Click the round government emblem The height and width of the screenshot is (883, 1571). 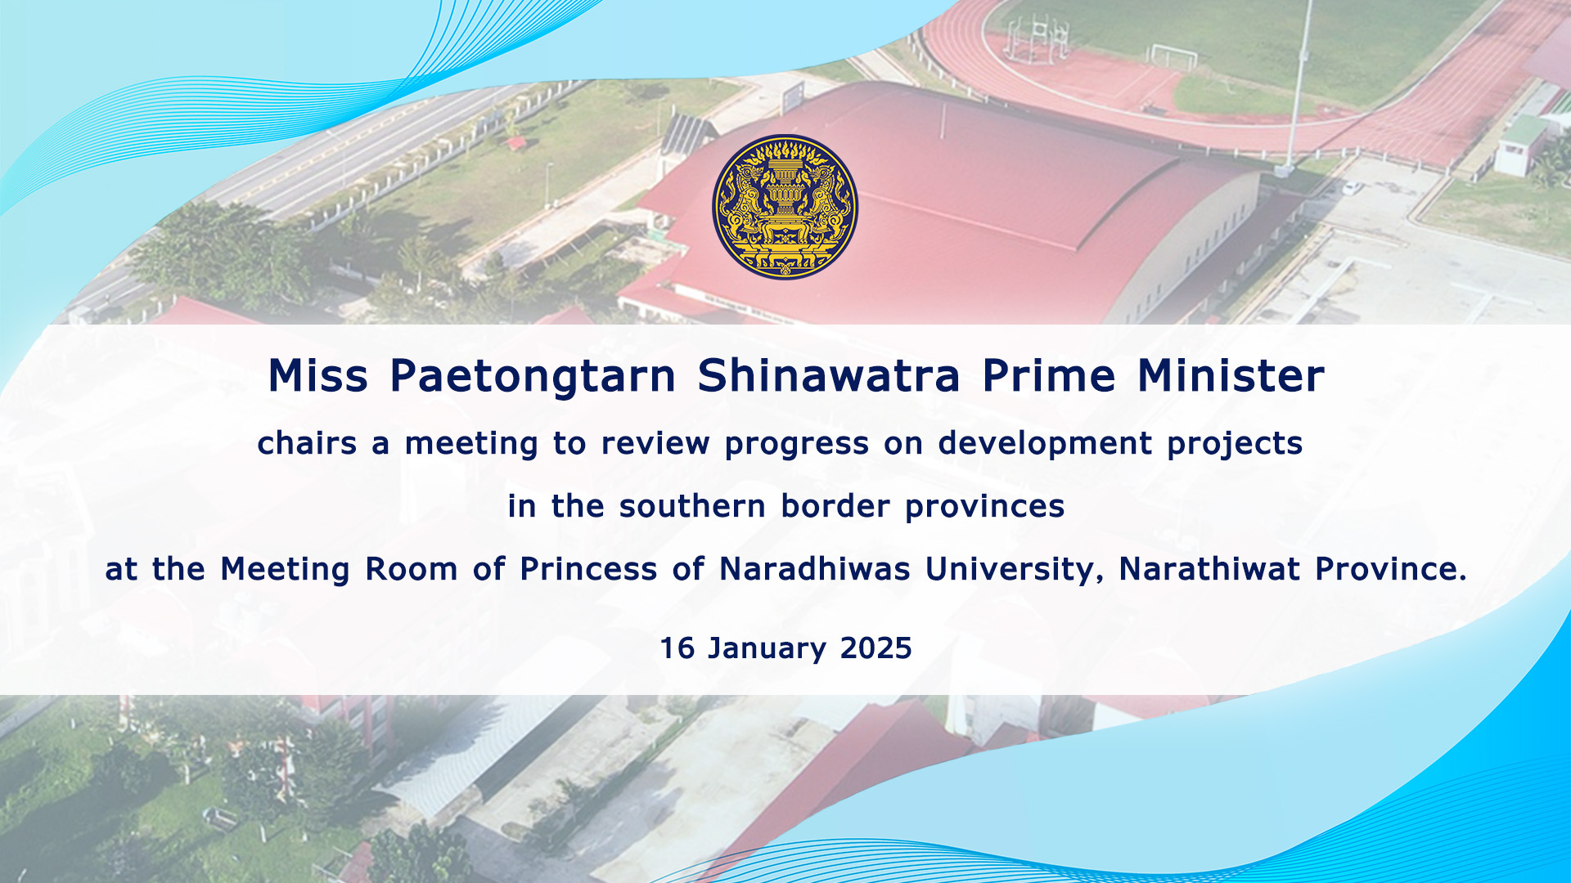click(785, 207)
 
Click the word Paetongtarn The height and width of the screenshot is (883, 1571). click(533, 378)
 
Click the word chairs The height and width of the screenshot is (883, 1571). click(307, 443)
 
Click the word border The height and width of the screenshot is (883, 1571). click(835, 506)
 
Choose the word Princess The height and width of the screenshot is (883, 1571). click(588, 569)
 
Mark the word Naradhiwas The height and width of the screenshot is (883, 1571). click(814, 569)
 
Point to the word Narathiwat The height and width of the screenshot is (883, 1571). click(1209, 569)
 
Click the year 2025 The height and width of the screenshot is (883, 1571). click(876, 648)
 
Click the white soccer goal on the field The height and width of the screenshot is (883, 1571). click(1174, 56)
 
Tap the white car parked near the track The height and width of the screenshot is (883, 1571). click(1352, 187)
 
